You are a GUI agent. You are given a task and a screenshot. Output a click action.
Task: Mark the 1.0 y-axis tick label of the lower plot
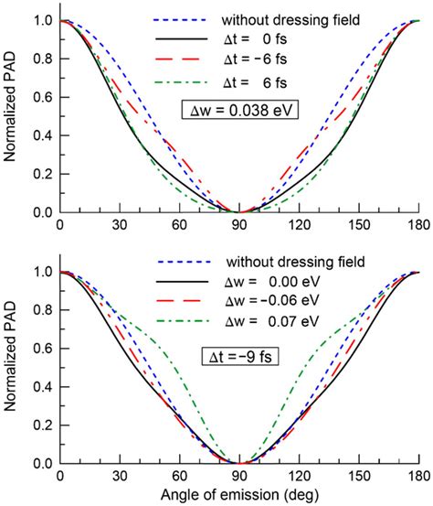[x=39, y=272]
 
